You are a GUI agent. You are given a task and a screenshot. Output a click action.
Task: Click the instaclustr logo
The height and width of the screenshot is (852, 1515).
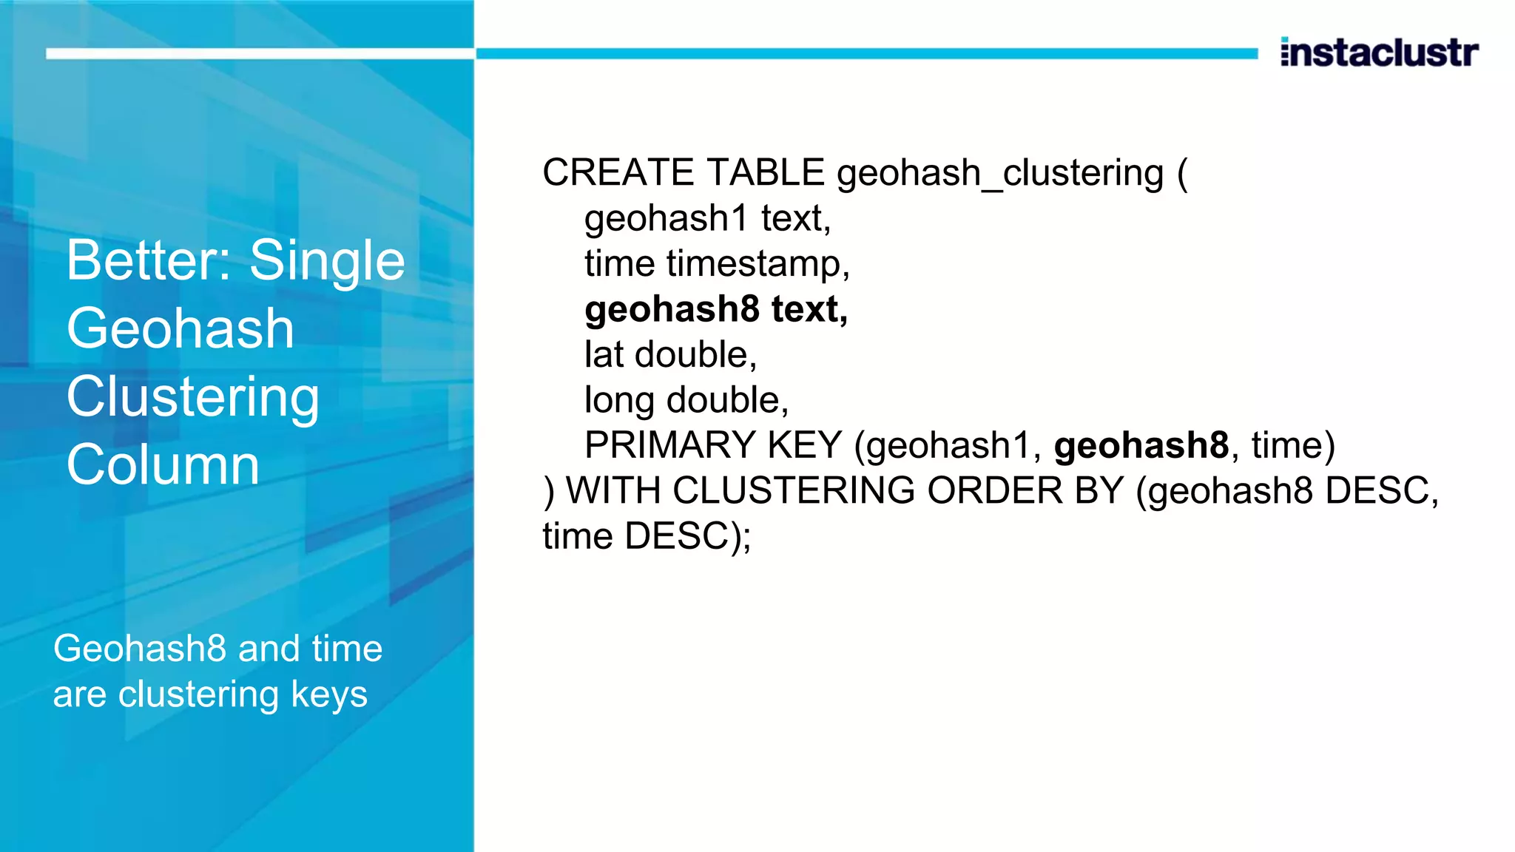click(1379, 53)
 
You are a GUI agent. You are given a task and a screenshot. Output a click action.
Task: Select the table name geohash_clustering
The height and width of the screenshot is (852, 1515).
click(1000, 174)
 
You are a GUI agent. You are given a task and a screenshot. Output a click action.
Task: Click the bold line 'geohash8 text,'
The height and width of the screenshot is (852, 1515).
click(715, 309)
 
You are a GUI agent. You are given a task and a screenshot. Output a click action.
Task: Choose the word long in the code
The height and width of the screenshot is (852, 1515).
click(619, 401)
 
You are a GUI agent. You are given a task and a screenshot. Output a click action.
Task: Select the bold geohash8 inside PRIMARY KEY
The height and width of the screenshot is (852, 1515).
click(1141, 445)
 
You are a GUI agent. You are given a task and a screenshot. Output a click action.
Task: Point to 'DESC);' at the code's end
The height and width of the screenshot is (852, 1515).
click(687, 536)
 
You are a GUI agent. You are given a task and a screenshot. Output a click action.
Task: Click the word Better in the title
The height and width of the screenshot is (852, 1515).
click(151, 260)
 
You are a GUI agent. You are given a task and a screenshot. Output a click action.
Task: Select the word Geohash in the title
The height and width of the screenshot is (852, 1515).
click(180, 329)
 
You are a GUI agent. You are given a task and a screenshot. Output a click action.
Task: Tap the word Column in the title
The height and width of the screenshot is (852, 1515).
click(163, 465)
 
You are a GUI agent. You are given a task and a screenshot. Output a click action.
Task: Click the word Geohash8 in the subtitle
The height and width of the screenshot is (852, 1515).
click(140, 649)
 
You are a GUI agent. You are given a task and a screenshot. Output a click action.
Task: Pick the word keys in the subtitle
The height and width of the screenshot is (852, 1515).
click(329, 695)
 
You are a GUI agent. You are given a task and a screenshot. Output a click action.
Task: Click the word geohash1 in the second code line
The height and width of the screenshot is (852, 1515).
click(667, 219)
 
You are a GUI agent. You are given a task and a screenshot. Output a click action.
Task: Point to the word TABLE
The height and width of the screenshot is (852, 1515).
click(766, 172)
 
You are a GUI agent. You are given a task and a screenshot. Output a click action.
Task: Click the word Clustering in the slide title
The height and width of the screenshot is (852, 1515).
click(193, 397)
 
